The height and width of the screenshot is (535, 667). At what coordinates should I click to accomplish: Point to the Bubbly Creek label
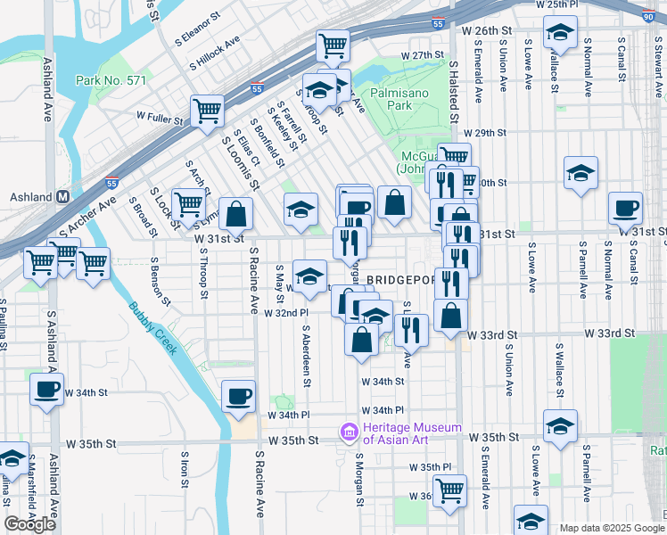[x=152, y=327]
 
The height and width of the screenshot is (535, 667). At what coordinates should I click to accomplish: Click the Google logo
[x=29, y=524]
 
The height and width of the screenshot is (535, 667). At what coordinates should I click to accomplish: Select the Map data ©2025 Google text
[x=611, y=528]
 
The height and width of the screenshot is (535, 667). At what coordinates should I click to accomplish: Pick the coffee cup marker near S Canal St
[x=625, y=208]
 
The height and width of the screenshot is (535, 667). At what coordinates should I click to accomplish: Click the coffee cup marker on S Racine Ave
[x=238, y=396]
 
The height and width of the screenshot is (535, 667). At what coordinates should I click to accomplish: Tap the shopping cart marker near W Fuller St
[x=207, y=111]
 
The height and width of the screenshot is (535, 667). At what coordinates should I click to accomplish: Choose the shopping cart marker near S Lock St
[x=188, y=204]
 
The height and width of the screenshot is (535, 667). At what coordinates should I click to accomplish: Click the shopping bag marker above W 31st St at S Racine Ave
[x=236, y=213]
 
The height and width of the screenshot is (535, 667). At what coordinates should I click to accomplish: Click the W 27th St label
[x=422, y=55]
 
